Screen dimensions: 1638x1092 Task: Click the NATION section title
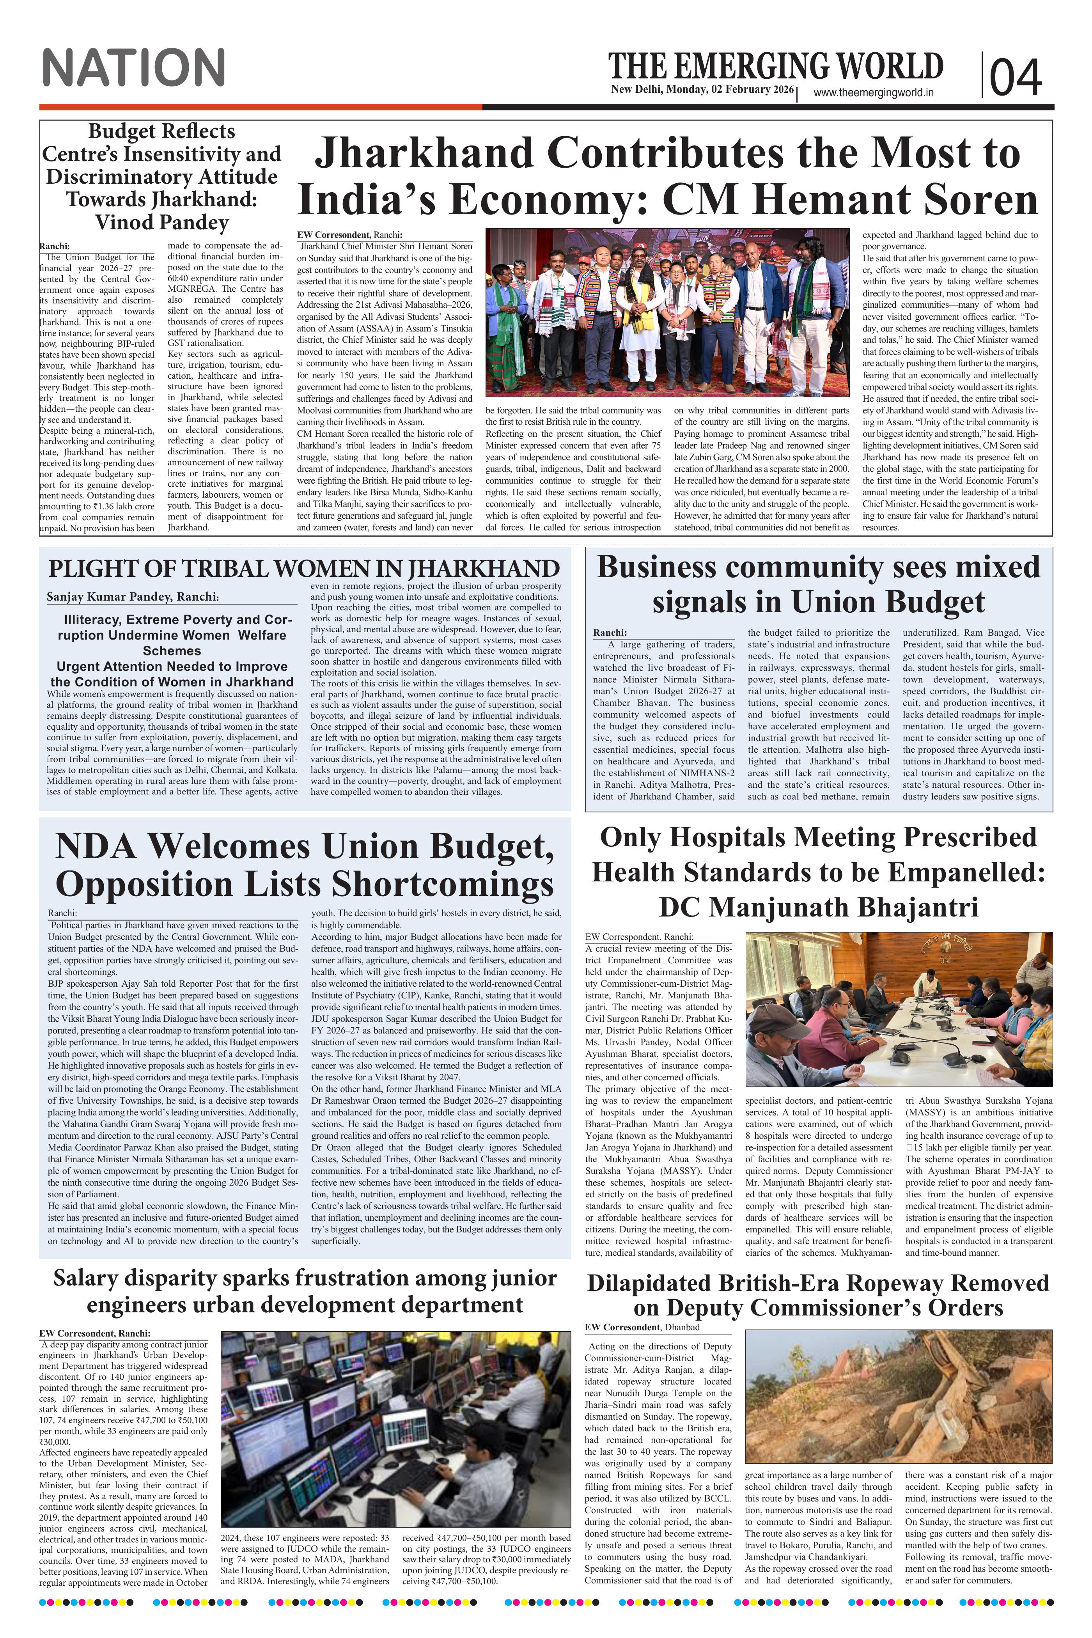134,67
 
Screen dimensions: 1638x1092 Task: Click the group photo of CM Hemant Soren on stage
667,313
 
